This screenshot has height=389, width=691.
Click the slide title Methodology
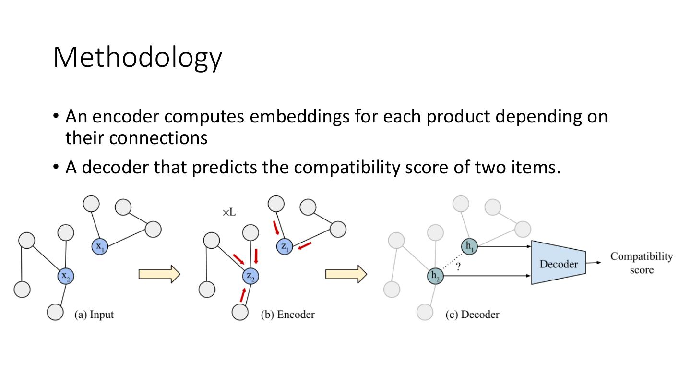138,58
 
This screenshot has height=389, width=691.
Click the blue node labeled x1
99,246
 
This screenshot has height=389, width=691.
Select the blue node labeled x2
66,276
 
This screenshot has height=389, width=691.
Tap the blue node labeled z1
285,247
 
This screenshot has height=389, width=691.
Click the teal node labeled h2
435,276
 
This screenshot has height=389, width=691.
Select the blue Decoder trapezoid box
558,264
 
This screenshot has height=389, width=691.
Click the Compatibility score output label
641,263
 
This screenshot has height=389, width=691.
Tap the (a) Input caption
94,315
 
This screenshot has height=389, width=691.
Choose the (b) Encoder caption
287,315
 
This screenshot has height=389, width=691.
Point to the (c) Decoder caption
472,315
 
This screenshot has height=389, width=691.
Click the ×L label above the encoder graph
229,212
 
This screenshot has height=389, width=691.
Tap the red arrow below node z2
243,294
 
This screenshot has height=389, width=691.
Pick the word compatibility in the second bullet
346,167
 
